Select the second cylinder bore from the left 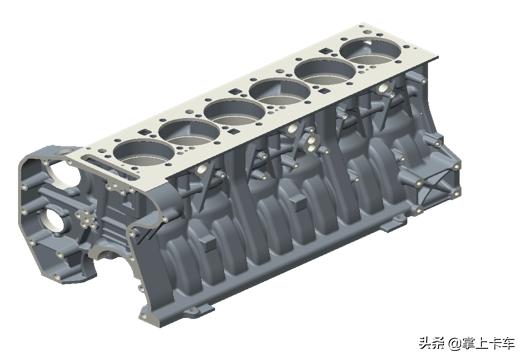coord(182,130)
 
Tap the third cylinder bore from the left coord(229,108)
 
